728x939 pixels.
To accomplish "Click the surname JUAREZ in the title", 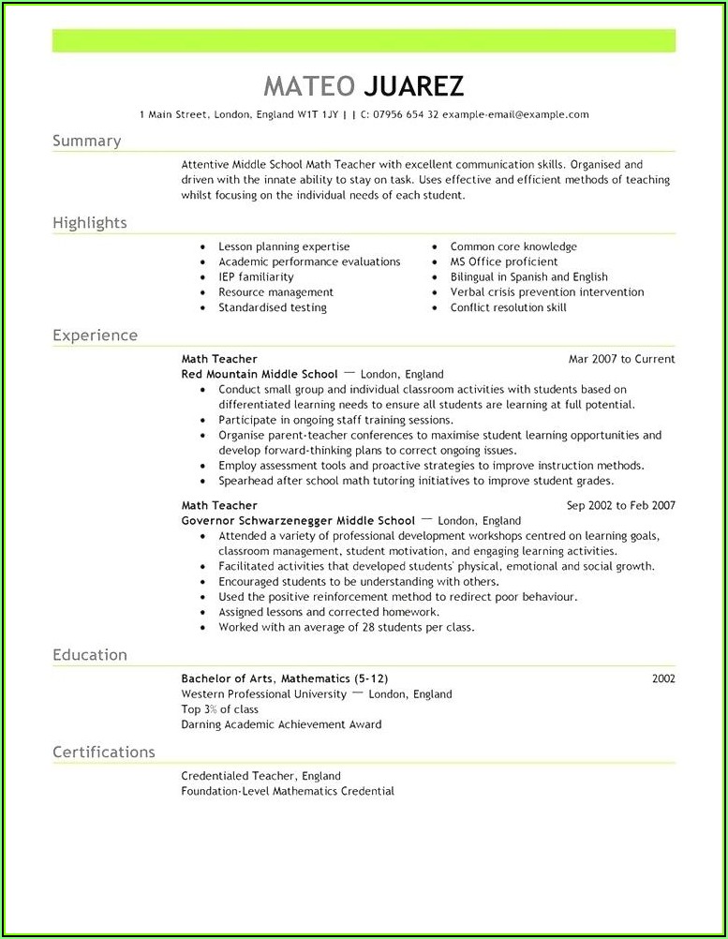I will pyautogui.click(x=412, y=86).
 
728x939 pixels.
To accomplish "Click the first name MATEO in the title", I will pyautogui.click(x=309, y=86).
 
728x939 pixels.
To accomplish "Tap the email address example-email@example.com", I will pyautogui.click(x=515, y=114).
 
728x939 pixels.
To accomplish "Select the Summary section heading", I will pyautogui.click(x=86, y=141).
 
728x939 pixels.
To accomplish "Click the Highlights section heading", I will pyautogui.click(x=89, y=223).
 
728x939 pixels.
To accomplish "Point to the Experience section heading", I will pyautogui.click(x=95, y=335).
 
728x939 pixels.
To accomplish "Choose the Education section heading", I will pyautogui.click(x=90, y=655).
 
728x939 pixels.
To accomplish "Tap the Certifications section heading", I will pyautogui.click(x=103, y=752).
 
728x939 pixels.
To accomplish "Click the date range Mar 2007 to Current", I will pyautogui.click(x=621, y=359).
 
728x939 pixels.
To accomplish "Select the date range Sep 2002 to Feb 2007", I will pyautogui.click(x=620, y=505).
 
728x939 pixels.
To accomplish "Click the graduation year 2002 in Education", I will pyautogui.click(x=663, y=678).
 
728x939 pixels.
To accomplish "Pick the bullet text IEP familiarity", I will pyautogui.click(x=256, y=277).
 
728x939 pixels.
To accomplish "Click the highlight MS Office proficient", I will pyautogui.click(x=503, y=262).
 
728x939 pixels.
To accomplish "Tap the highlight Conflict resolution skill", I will pyautogui.click(x=508, y=307).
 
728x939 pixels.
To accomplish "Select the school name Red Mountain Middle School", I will pyautogui.click(x=260, y=374).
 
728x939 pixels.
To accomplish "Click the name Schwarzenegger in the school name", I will pyautogui.click(x=297, y=520).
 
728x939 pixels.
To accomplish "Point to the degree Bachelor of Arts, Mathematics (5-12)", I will pyautogui.click(x=285, y=678).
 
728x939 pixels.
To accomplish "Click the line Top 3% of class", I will pyautogui.click(x=219, y=709).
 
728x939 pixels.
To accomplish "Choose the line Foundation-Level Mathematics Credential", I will pyautogui.click(x=288, y=791).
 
